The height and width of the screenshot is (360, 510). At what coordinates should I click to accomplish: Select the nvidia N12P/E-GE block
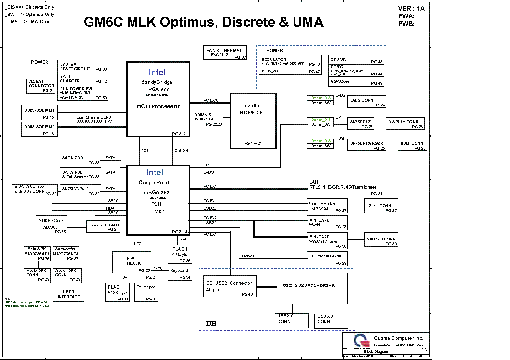251,121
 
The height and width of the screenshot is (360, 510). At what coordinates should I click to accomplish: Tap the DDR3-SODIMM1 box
39,113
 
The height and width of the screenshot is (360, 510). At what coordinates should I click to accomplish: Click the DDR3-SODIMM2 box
39,129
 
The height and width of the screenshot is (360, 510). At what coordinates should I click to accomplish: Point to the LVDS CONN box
367,102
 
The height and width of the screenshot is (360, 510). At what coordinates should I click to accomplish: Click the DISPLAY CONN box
405,123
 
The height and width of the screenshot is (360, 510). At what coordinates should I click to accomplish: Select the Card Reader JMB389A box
327,207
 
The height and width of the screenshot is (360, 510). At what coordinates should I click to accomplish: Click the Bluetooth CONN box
326,258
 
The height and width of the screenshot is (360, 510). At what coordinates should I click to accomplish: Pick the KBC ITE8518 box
131,262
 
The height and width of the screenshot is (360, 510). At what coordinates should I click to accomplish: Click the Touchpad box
146,292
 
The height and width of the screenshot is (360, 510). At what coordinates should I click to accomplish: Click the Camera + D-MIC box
103,226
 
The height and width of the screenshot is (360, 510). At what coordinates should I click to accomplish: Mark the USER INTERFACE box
69,294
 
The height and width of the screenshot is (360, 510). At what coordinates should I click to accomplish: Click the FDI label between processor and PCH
145,150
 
